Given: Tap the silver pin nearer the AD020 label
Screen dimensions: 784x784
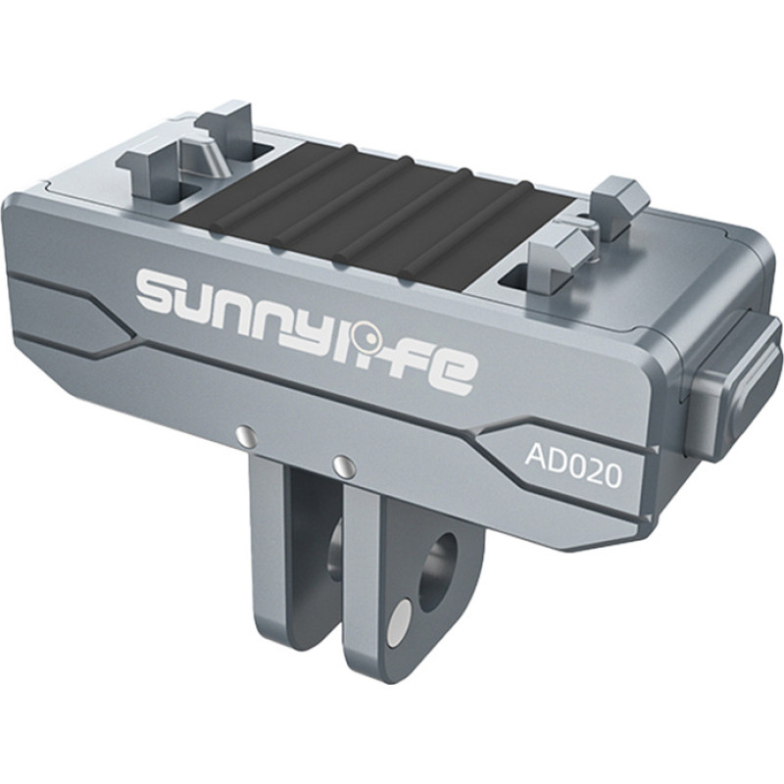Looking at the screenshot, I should coord(341,461).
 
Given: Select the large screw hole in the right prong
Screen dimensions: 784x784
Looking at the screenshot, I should coord(438,569).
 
